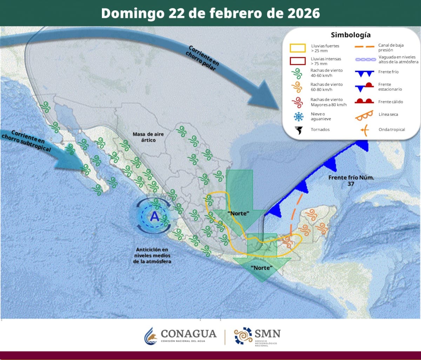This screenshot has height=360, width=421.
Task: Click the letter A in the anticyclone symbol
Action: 155,217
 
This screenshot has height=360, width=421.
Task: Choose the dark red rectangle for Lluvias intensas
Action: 298,61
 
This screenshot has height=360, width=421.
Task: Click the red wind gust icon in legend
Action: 298,102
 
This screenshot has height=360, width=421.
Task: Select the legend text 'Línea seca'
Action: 388,115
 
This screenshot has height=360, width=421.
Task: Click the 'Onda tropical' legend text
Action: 392,130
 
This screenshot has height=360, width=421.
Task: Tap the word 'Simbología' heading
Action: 350,35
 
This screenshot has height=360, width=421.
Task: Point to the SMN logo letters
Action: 267,333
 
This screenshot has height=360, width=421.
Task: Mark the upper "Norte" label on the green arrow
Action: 238,213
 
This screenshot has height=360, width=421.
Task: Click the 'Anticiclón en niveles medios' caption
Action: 152,255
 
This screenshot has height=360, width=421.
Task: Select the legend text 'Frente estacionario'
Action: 390,87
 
